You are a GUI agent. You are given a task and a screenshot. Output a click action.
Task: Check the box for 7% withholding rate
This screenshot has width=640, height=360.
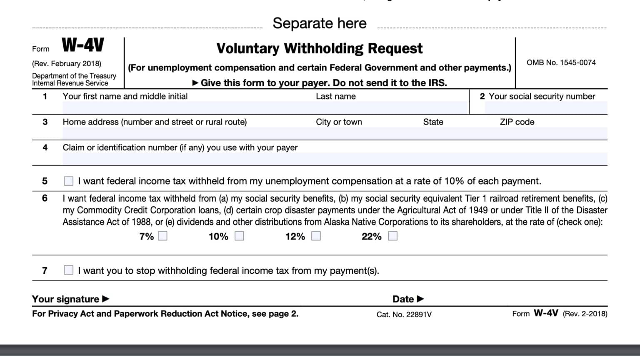pos(162,236)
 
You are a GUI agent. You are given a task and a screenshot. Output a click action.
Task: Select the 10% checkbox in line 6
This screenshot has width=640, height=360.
pos(239,236)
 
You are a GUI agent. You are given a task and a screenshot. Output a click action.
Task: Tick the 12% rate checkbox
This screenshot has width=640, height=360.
pos(316,236)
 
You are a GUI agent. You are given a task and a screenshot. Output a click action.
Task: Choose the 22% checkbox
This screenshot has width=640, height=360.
pos(392,236)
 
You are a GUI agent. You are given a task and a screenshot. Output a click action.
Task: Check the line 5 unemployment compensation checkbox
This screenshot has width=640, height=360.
pos(69,181)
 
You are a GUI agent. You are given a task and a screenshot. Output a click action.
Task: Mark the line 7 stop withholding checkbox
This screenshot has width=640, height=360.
pos(69,270)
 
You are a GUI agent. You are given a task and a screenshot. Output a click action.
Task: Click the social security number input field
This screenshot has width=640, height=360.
pos(546,108)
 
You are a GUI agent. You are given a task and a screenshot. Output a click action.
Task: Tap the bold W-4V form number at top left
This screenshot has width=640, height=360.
pos(83,45)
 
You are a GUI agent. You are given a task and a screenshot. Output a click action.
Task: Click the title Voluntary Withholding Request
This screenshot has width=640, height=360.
pos(319,49)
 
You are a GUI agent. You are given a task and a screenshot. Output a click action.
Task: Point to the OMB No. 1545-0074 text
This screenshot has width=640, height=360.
pos(561,62)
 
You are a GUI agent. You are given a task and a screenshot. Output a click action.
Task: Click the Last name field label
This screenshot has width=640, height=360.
pos(335,96)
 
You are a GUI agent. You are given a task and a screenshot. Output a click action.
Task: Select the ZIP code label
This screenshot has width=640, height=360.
pos(517,122)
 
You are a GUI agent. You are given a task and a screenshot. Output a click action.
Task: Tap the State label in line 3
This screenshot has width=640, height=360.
pos(433,122)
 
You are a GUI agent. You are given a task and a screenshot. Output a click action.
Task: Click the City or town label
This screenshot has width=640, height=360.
pos(339,122)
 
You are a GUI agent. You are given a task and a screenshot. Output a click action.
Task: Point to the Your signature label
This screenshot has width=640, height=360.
pos(65,299)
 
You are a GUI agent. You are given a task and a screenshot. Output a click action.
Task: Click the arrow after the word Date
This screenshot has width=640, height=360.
pos(420,299)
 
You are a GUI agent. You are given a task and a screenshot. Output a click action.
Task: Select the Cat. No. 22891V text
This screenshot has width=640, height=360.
pos(404,315)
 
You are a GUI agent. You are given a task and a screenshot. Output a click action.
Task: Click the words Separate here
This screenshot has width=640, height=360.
pos(320,23)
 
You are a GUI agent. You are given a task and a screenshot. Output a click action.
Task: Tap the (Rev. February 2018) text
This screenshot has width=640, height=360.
pos(67,64)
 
